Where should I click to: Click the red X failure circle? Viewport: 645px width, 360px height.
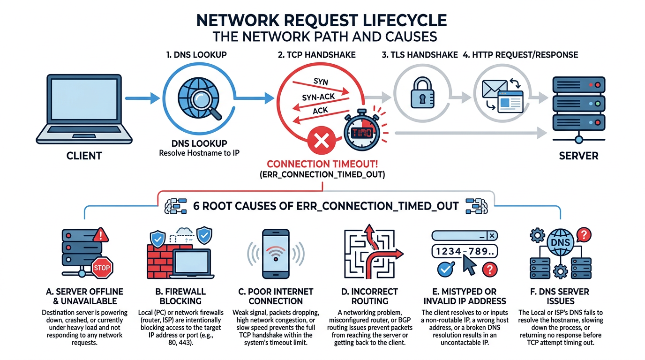(322, 141)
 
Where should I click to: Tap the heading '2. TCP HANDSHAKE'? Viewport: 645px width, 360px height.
(316, 55)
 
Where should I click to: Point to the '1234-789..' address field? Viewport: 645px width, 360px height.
(464, 252)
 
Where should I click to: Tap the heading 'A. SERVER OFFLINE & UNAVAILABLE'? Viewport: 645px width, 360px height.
(85, 296)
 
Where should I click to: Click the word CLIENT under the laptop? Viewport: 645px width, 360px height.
(83, 156)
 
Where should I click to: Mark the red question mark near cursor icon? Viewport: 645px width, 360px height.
(489, 269)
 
